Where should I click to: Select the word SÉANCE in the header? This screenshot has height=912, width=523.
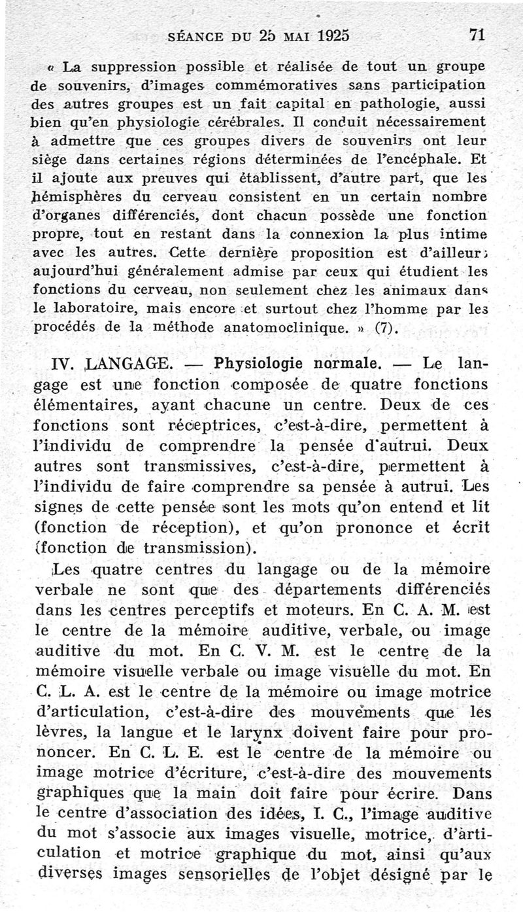199,37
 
